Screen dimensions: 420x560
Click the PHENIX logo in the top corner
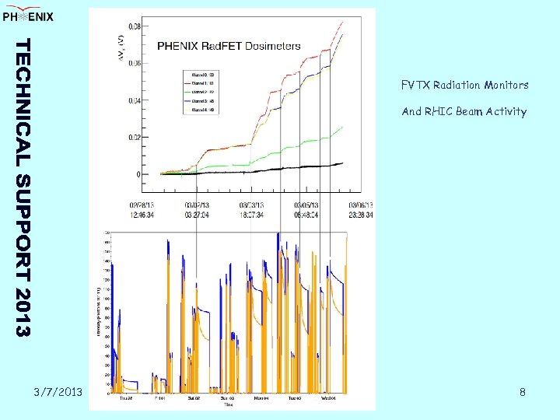28,16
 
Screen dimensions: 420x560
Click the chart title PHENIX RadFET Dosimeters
229,46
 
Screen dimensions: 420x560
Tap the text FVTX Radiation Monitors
464,85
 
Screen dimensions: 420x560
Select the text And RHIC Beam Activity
464,111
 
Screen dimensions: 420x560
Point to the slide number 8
523,392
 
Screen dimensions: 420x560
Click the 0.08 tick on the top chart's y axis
135,26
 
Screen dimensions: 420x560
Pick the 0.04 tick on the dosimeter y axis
135,100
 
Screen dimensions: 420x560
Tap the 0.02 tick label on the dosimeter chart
135,138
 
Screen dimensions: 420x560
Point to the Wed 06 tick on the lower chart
329,397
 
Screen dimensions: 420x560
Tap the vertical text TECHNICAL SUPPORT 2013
24,187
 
